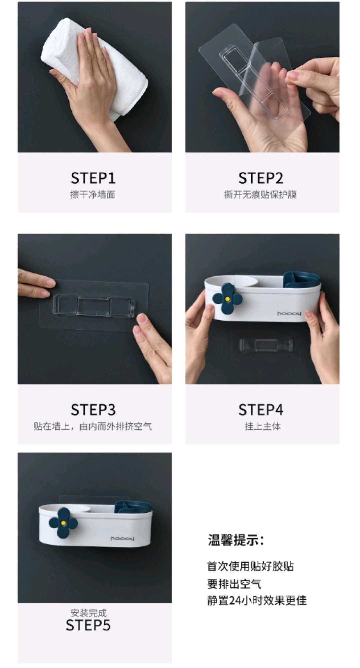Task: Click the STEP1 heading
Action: coord(93,178)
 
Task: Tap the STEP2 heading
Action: coord(261,178)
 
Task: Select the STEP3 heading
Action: coord(93,410)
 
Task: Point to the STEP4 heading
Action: coord(261,410)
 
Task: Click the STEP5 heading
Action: coord(88,625)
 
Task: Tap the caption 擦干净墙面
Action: coord(93,195)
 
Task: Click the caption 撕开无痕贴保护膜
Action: coord(260,195)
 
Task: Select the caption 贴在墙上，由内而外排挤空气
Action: coord(93,426)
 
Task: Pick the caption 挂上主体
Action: coord(263,426)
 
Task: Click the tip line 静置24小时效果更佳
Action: coord(257,600)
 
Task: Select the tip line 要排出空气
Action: coord(234,584)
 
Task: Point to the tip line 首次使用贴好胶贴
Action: coord(251,566)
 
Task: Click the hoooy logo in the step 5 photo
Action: coord(122,539)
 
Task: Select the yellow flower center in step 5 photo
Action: coord(63,523)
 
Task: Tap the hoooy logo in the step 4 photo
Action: coord(289,314)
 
